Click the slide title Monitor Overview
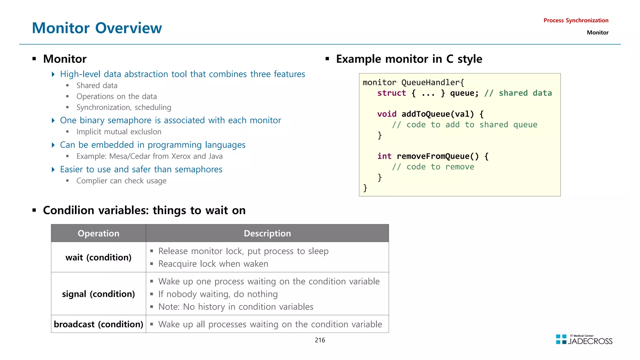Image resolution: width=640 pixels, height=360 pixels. pyautogui.click(x=97, y=28)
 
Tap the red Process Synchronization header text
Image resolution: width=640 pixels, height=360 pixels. pyautogui.click(x=576, y=21)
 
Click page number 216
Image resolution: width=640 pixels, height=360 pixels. pyautogui.click(x=320, y=340)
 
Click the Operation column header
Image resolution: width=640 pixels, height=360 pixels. pyautogui.click(x=98, y=233)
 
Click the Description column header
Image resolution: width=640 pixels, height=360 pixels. pyautogui.click(x=267, y=233)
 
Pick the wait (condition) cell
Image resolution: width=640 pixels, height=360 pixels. pyautogui.click(x=98, y=257)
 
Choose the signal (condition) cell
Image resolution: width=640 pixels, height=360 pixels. pyautogui.click(x=98, y=294)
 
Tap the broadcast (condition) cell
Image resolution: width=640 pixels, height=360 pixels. pyautogui.click(x=98, y=324)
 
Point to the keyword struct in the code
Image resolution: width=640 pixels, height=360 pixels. pyautogui.click(x=391, y=93)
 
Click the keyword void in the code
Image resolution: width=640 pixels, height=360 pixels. pyautogui.click(x=387, y=114)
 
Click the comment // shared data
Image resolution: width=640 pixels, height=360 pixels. pyautogui.click(x=518, y=93)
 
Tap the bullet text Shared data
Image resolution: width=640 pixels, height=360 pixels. pyautogui.click(x=97, y=86)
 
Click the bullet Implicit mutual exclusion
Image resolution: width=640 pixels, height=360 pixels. pyautogui.click(x=119, y=132)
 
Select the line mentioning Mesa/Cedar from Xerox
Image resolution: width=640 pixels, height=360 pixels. pyautogui.click(x=149, y=156)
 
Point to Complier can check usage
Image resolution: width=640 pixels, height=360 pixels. pyautogui.click(x=121, y=181)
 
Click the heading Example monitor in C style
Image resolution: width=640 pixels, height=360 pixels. pyautogui.click(x=409, y=59)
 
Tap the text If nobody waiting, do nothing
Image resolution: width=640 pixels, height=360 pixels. pyautogui.click(x=218, y=294)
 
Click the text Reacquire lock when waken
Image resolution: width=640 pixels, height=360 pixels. pyautogui.click(x=213, y=264)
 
